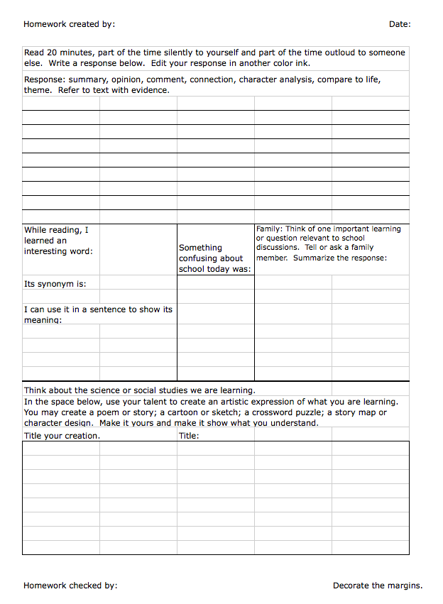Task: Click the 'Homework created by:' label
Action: point(69,24)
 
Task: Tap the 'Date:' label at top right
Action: point(400,24)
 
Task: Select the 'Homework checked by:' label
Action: point(70,586)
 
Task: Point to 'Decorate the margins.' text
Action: point(378,586)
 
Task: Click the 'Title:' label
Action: point(189,436)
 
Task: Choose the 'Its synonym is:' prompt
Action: point(55,284)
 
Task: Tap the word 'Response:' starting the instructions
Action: point(44,79)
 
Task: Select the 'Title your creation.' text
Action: point(62,436)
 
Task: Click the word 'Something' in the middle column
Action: point(200,248)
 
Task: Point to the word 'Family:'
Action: point(270,229)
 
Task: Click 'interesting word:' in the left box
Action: point(58,251)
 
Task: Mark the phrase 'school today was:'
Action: point(214,269)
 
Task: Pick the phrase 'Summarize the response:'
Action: point(340,258)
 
